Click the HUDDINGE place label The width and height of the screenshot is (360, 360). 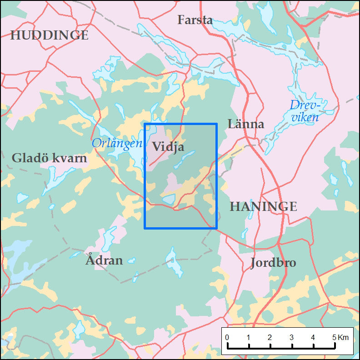[x=49, y=35]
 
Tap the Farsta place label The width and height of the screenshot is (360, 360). [x=195, y=20]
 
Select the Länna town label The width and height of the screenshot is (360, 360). [x=246, y=124]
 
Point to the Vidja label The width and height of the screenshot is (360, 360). [x=168, y=146]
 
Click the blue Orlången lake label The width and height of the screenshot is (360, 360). [x=117, y=144]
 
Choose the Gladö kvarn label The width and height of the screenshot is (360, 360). [x=49, y=158]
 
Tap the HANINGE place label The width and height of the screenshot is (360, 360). [x=263, y=207]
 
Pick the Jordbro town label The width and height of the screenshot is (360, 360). [x=273, y=263]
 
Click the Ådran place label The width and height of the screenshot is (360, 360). [x=104, y=260]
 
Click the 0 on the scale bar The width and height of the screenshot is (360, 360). [x=227, y=337]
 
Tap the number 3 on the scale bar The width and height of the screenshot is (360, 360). [x=291, y=337]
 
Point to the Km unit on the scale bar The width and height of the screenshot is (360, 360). [x=343, y=337]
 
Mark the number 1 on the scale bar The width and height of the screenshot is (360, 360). [x=249, y=337]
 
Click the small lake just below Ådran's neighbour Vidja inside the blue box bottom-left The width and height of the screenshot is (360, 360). [x=168, y=199]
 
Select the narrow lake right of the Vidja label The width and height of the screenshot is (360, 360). [x=185, y=159]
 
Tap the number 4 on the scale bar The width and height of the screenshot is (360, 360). [x=313, y=337]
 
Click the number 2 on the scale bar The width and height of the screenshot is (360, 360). [x=270, y=337]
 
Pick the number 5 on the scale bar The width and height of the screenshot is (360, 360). [x=334, y=337]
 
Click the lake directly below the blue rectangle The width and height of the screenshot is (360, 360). [x=174, y=262]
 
